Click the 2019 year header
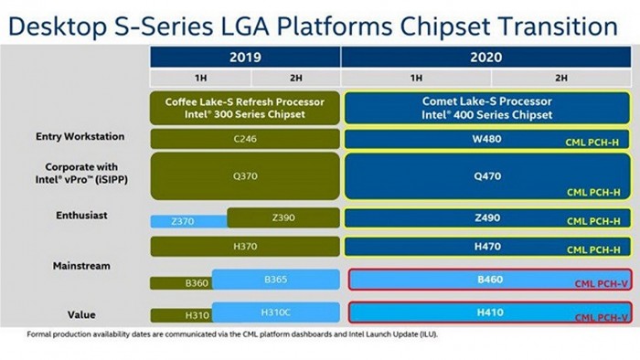click(246, 57)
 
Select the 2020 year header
click(488, 57)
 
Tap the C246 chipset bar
click(246, 140)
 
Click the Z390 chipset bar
click(283, 217)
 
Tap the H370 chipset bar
click(246, 247)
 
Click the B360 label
click(195, 283)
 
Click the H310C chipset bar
click(276, 312)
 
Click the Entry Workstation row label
click(80, 136)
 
